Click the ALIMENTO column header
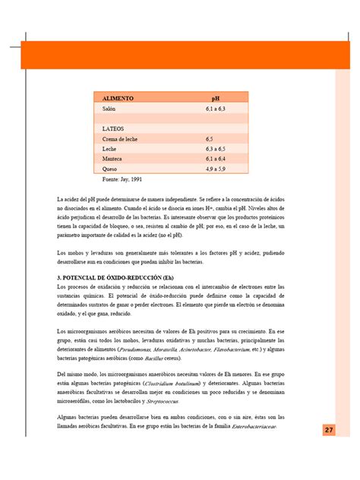click(x=118, y=99)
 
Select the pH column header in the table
click(x=216, y=99)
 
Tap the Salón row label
click(x=110, y=109)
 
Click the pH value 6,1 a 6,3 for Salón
click(x=216, y=109)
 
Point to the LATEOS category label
click(x=113, y=129)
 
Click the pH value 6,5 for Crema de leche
click(x=210, y=140)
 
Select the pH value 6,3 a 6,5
click(x=216, y=150)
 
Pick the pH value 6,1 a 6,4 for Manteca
click(x=216, y=159)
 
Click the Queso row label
click(x=110, y=169)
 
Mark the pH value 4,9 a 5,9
click(x=216, y=169)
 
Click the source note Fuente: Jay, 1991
click(x=122, y=180)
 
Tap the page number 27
click(x=329, y=431)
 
